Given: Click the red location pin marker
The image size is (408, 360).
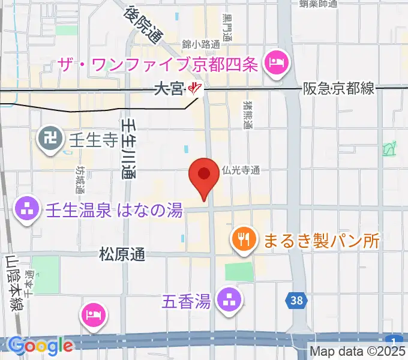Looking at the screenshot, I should (x=203, y=176).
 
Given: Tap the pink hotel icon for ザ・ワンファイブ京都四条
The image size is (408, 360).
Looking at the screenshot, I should (x=277, y=62).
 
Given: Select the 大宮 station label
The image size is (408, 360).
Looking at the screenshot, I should (x=168, y=89).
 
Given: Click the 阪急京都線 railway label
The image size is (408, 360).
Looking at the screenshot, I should (x=338, y=89).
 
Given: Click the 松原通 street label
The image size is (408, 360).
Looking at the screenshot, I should (x=122, y=255).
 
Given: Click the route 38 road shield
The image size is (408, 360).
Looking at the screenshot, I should (x=295, y=301).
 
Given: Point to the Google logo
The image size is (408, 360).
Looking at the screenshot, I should (x=40, y=346).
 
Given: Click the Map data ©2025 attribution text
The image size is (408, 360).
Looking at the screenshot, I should (x=358, y=351).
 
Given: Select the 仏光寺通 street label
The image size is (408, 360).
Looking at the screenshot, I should (x=240, y=170).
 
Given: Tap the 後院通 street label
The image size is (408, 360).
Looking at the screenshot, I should (x=144, y=24).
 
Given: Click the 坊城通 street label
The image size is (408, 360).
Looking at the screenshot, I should (x=80, y=179).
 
